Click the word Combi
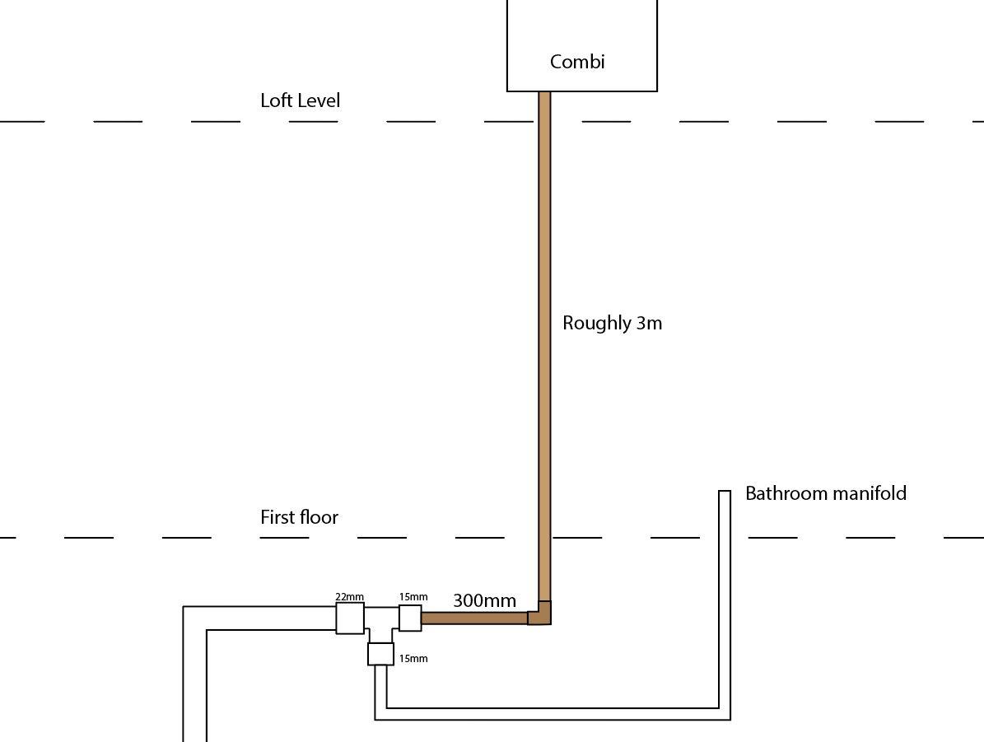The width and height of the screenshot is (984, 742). click(x=577, y=62)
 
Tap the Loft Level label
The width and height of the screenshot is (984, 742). click(x=300, y=100)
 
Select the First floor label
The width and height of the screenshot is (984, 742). click(x=300, y=517)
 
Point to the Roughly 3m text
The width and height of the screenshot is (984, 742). click(x=612, y=323)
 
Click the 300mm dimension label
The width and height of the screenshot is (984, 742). click(x=484, y=600)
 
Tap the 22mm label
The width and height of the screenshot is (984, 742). click(x=349, y=597)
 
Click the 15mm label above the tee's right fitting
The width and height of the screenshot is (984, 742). click(x=413, y=597)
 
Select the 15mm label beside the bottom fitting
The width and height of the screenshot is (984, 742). click(x=413, y=659)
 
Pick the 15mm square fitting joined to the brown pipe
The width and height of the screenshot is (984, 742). click(x=410, y=618)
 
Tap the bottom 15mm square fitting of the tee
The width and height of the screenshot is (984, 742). click(x=381, y=654)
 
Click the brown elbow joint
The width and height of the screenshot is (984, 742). click(x=539, y=613)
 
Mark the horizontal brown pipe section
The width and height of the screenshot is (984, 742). click(x=474, y=618)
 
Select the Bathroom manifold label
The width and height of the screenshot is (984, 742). click(x=826, y=493)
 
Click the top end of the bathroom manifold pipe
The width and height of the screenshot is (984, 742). click(x=725, y=492)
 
